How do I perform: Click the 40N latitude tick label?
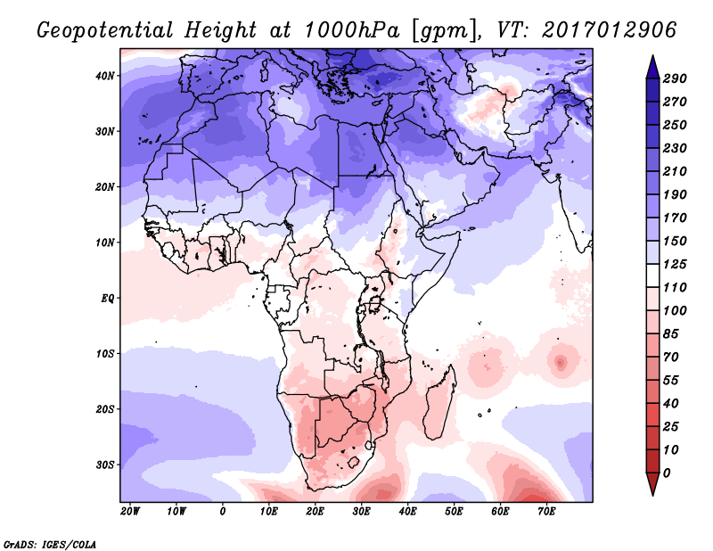point(105,76)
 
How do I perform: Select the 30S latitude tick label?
point(105,465)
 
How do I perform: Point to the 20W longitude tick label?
point(130,512)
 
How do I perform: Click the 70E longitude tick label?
point(546,512)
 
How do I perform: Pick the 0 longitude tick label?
point(223,512)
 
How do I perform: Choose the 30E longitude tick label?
point(361,512)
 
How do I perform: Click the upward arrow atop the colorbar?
point(652,64)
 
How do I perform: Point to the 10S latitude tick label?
point(105,354)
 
